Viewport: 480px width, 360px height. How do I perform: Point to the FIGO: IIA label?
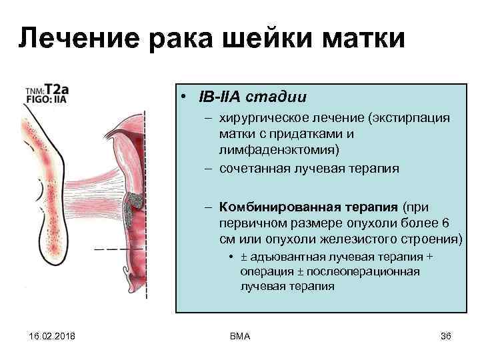coord(46,99)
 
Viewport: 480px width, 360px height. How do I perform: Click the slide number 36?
coord(446,336)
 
